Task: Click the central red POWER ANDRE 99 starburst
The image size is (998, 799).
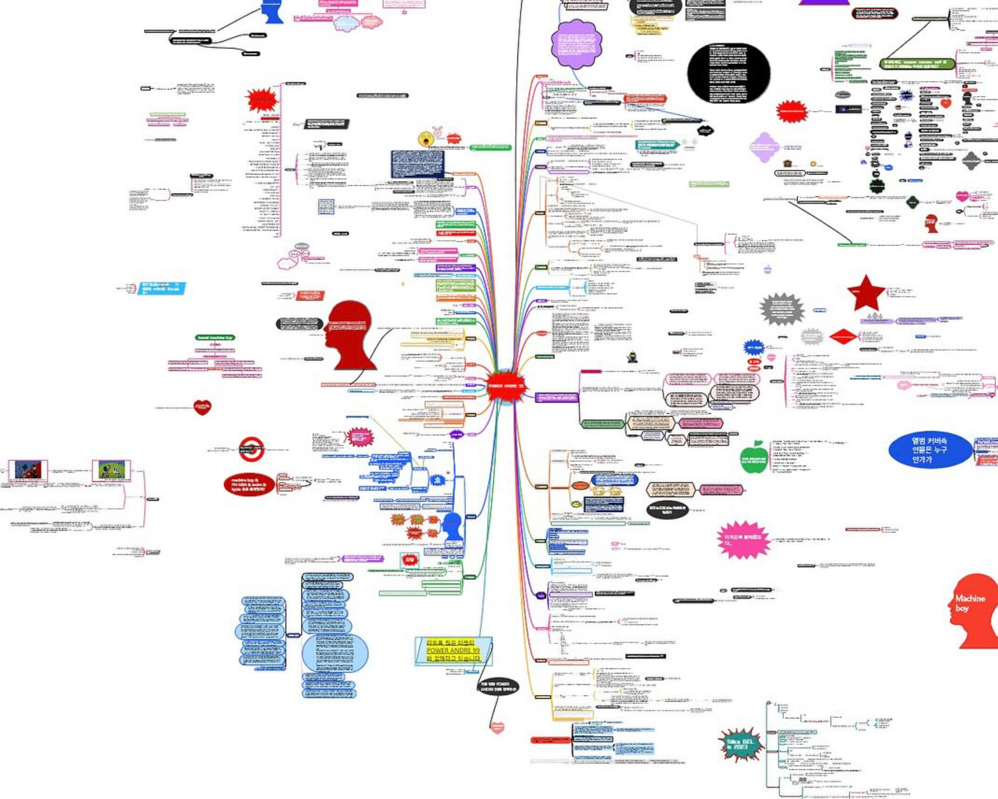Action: (506, 386)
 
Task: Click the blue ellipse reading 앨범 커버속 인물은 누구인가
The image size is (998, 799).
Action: (929, 450)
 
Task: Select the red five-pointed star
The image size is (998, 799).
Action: (866, 293)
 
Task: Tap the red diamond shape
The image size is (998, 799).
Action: (843, 336)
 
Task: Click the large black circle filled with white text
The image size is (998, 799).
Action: (729, 73)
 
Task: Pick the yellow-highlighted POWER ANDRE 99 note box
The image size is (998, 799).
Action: (453, 651)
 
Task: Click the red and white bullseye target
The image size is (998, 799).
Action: (251, 449)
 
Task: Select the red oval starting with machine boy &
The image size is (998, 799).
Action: (249, 485)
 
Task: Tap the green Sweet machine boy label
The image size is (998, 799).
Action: (214, 337)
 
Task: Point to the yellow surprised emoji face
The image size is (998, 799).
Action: (425, 139)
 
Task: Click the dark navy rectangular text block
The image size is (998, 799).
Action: (418, 164)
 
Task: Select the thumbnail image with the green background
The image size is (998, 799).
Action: (112, 470)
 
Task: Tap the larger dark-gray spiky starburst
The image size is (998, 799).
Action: (782, 309)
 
